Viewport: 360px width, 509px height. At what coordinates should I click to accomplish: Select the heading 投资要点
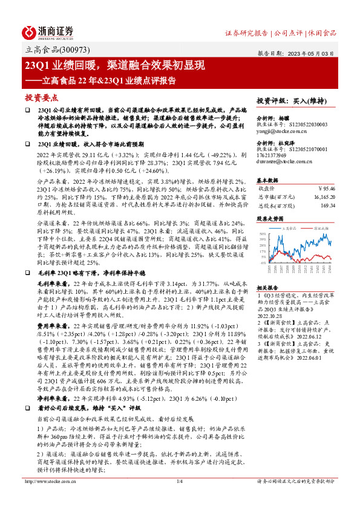(41, 97)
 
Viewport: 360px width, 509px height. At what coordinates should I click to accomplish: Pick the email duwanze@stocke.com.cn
(283, 162)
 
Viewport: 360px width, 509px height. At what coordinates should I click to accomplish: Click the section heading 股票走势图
(270, 218)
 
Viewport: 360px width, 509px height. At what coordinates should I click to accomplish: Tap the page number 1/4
(179, 498)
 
